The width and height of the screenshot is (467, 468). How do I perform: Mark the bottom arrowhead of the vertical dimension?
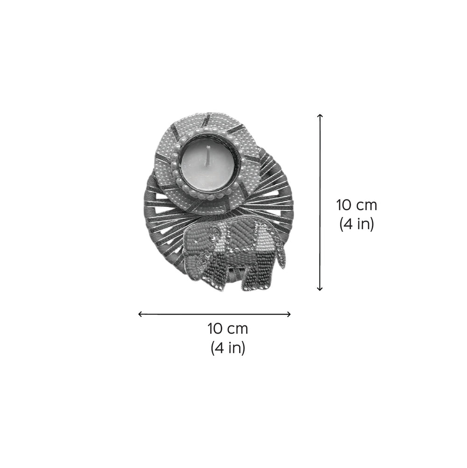point(320,289)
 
